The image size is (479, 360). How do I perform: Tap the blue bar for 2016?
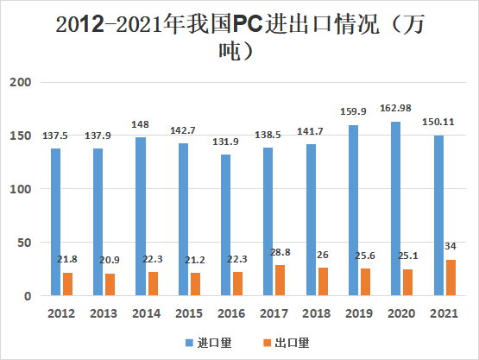pos(225,225)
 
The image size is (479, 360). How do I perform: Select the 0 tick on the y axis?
pos(28,296)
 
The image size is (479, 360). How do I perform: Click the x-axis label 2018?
pos(317,313)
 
